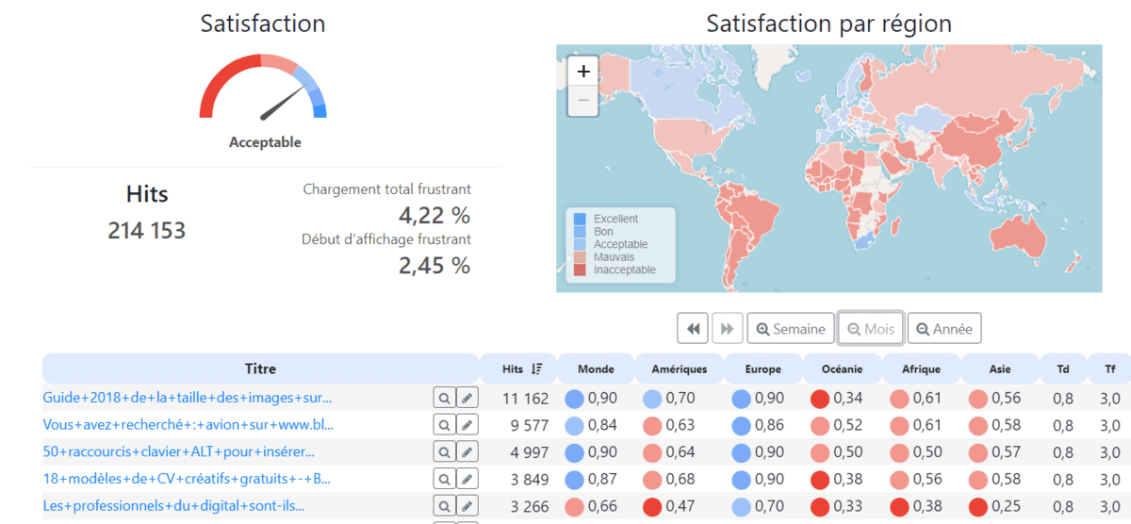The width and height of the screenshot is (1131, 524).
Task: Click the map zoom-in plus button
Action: click(x=583, y=71)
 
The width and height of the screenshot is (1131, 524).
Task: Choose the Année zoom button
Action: click(x=944, y=329)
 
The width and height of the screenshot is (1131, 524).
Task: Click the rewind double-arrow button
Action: click(x=693, y=329)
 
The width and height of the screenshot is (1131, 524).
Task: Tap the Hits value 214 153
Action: click(x=146, y=230)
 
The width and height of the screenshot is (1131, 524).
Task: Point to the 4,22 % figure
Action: click(x=434, y=216)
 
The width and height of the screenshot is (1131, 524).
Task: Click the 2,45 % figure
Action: click(x=434, y=266)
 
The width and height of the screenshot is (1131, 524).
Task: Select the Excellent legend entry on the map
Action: click(x=615, y=219)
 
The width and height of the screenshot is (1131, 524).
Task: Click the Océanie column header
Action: click(x=842, y=369)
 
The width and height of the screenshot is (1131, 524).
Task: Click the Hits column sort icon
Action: click(x=536, y=369)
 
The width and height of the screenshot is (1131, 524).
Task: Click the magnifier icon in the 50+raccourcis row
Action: click(x=443, y=451)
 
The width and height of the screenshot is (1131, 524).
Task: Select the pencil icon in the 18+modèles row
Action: click(x=467, y=479)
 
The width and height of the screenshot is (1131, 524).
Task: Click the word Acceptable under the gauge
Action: click(x=265, y=142)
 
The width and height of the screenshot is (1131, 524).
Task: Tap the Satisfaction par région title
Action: click(x=828, y=24)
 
